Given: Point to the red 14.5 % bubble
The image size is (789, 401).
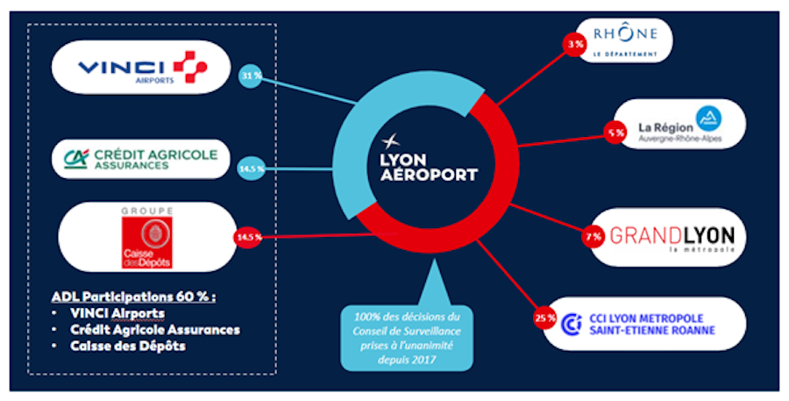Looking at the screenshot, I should pos(248,237).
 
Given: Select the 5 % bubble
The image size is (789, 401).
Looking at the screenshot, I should pos(615,133).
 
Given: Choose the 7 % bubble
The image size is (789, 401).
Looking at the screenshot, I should pos(594,236).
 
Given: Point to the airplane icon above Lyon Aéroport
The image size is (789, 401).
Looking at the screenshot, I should pos(390,141).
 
